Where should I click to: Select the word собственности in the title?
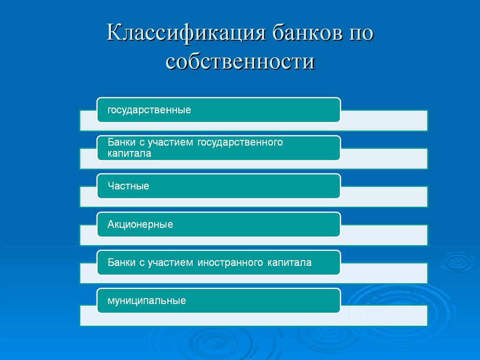point(240,62)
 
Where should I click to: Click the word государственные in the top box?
point(149,111)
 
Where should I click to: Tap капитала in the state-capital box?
point(129,154)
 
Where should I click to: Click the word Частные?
point(128,187)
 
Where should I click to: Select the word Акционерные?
point(140,225)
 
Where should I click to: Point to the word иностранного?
point(231,262)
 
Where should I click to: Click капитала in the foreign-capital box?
point(290,262)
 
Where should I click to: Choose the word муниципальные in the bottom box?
point(147,301)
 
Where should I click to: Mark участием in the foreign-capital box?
point(170,262)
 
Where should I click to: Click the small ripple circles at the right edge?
point(457,262)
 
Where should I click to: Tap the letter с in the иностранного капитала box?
point(142,262)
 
